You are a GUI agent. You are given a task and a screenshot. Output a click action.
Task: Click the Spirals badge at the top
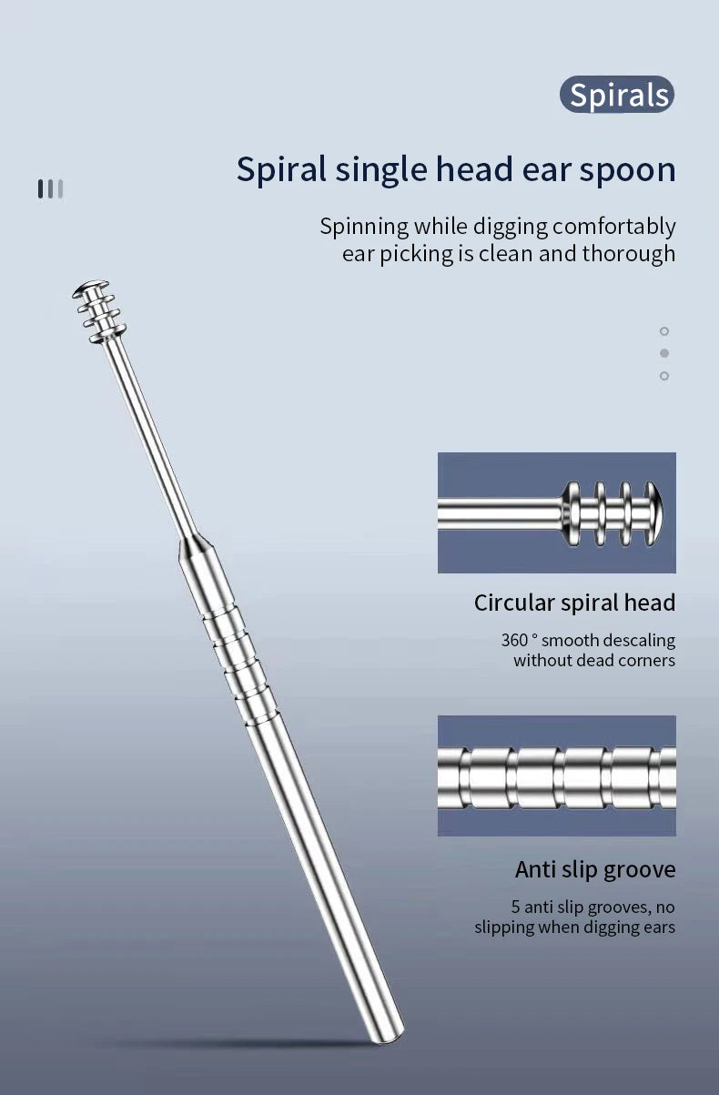617,94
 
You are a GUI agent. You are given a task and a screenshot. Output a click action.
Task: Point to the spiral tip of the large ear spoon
99,311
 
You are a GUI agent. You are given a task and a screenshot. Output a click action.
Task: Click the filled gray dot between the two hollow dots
663,353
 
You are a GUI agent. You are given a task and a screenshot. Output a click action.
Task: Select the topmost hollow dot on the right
663,331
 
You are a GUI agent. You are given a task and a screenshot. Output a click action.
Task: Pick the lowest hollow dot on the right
663,376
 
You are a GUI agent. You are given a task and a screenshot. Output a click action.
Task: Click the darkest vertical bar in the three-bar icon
41,188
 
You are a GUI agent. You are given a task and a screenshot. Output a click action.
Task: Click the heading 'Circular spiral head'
575,603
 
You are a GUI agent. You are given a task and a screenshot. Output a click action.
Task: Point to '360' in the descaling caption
515,640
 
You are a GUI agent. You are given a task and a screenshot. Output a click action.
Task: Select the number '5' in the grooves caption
516,907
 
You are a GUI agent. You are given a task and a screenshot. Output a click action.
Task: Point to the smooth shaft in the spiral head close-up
500,513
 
